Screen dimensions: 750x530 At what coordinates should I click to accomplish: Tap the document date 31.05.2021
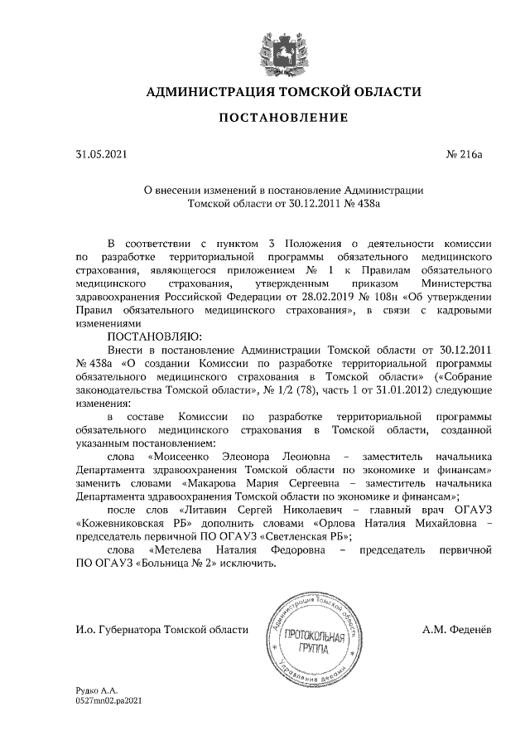pyautogui.click(x=102, y=154)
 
